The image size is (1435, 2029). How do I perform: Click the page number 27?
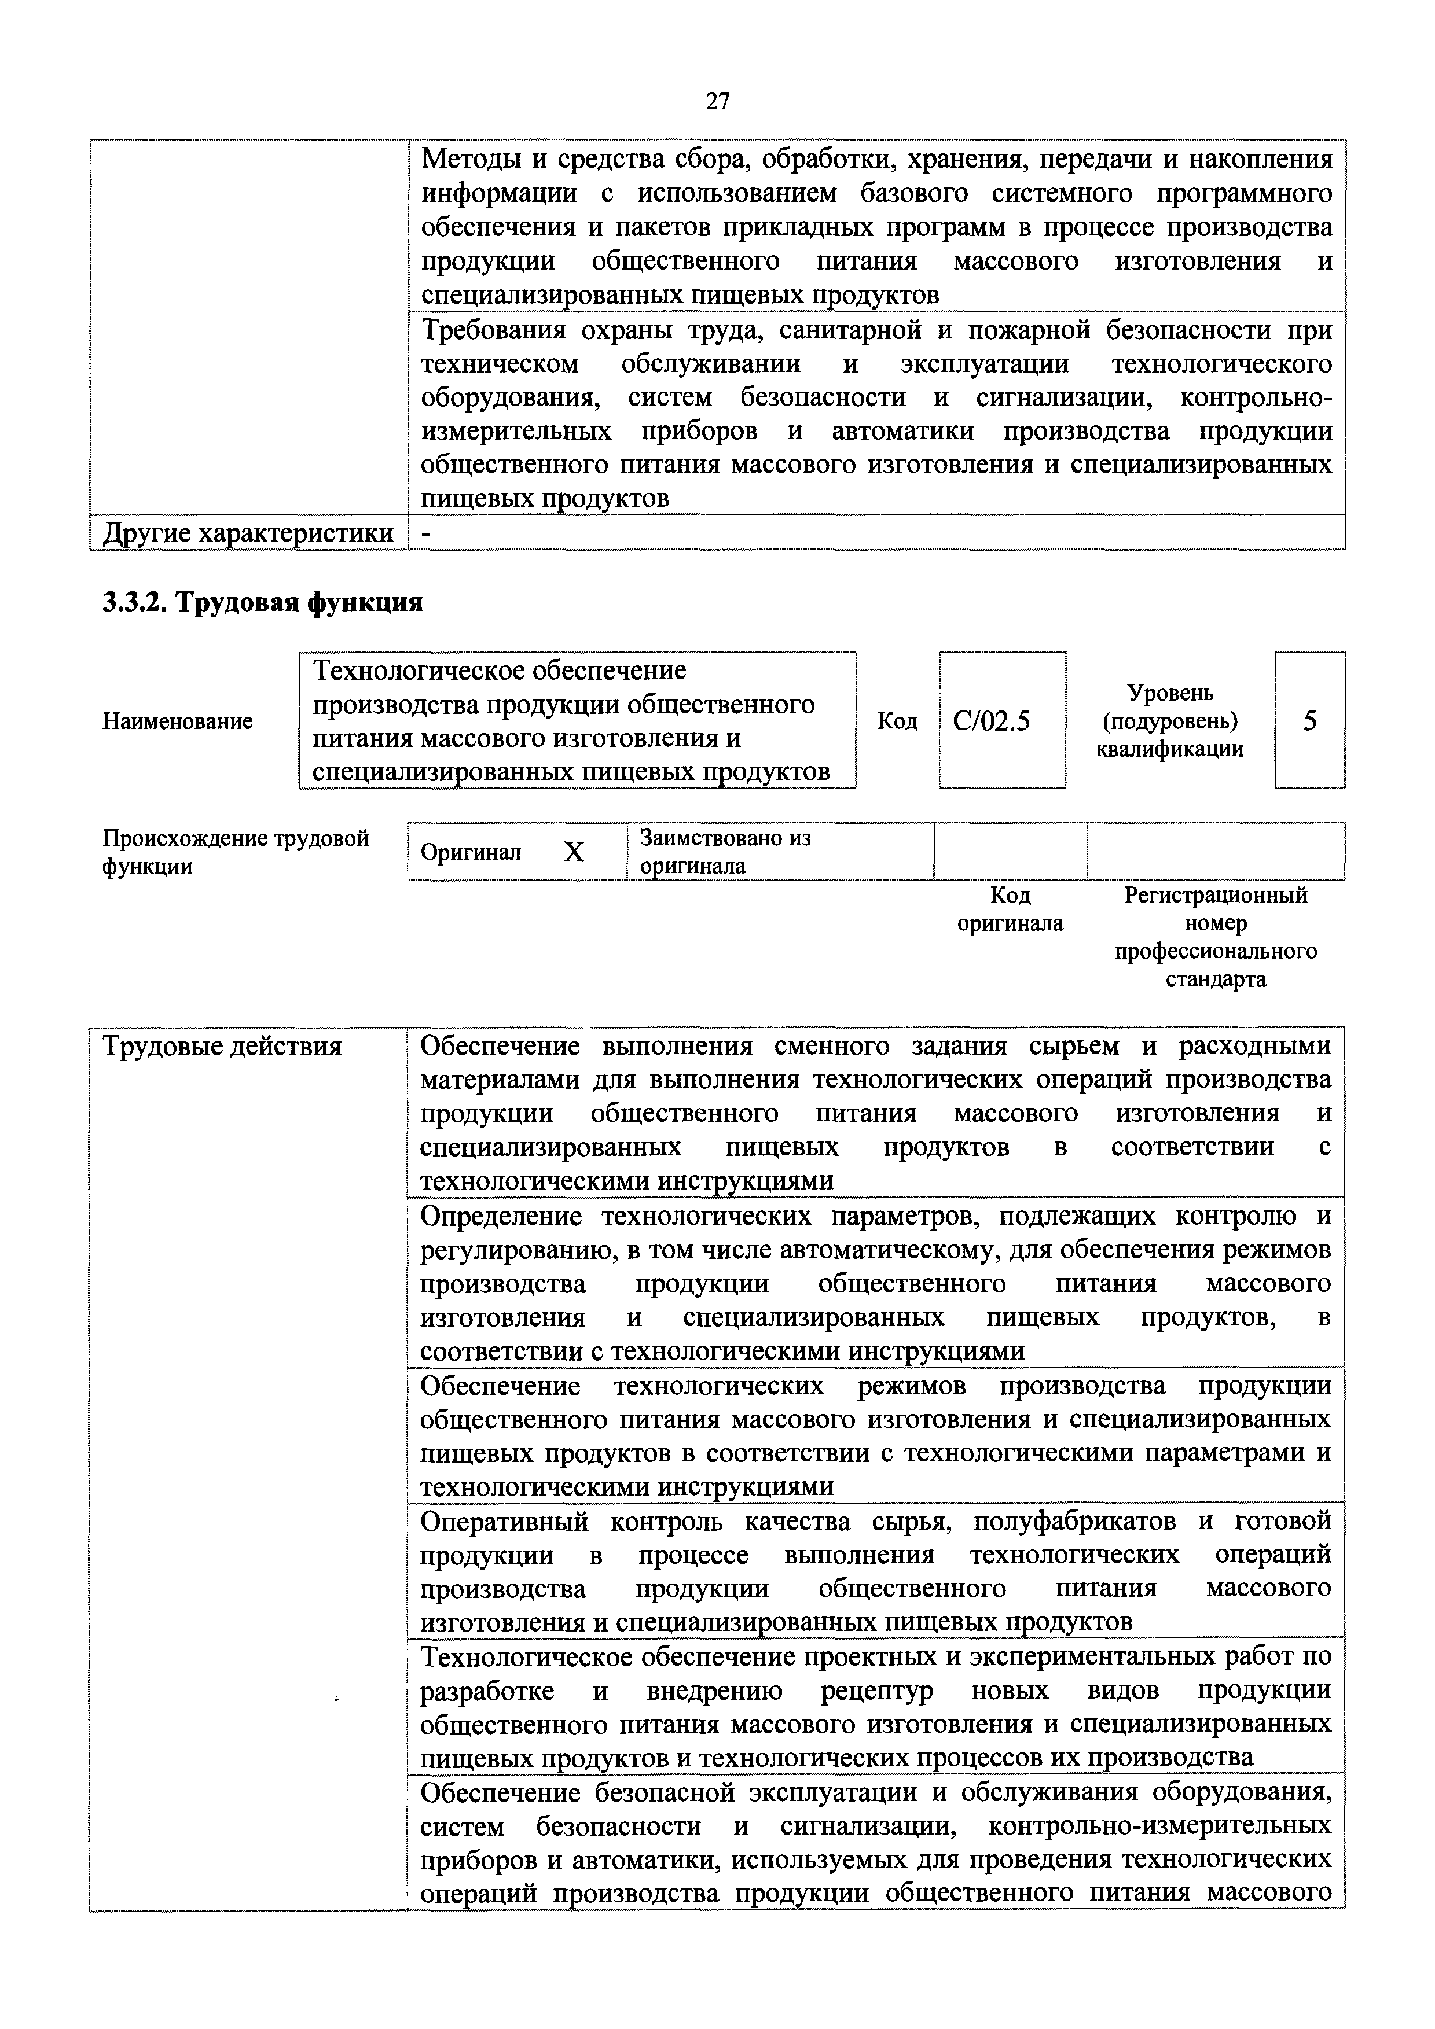pyautogui.click(x=717, y=102)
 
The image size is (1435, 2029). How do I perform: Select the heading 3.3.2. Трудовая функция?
pyautogui.click(x=263, y=603)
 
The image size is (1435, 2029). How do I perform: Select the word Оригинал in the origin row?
pyautogui.click(x=471, y=852)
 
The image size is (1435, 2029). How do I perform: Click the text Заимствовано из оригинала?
pyautogui.click(x=725, y=851)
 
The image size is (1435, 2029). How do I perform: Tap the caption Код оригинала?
pyautogui.click(x=1010, y=909)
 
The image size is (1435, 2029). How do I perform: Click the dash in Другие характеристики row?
pyautogui.click(x=427, y=533)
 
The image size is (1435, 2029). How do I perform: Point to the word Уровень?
pyautogui.click(x=1170, y=693)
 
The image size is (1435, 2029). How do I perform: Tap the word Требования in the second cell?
pyautogui.click(x=493, y=330)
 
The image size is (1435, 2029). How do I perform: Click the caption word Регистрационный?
pyautogui.click(x=1216, y=895)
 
